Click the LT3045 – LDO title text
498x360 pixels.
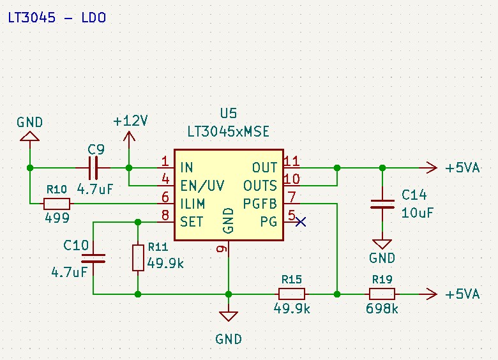click(57, 17)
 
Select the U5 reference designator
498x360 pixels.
click(229, 113)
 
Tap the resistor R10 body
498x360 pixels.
click(57, 204)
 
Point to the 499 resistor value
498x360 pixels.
click(57, 218)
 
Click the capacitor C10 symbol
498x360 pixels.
click(93, 259)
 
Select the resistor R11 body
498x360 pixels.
click(138, 258)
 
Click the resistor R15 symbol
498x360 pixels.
click(292, 294)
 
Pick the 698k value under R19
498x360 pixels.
click(382, 308)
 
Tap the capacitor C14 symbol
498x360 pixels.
click(382, 204)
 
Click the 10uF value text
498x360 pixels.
click(418, 213)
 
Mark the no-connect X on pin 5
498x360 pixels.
click(301, 221)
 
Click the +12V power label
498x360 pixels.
click(130, 121)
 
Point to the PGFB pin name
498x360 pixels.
click(260, 204)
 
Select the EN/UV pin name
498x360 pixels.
click(202, 186)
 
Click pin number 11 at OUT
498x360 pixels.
click(292, 161)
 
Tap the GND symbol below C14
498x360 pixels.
click(382, 244)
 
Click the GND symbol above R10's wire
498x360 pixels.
click(29, 137)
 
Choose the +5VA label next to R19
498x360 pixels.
click(462, 294)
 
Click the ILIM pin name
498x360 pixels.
click(192, 204)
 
